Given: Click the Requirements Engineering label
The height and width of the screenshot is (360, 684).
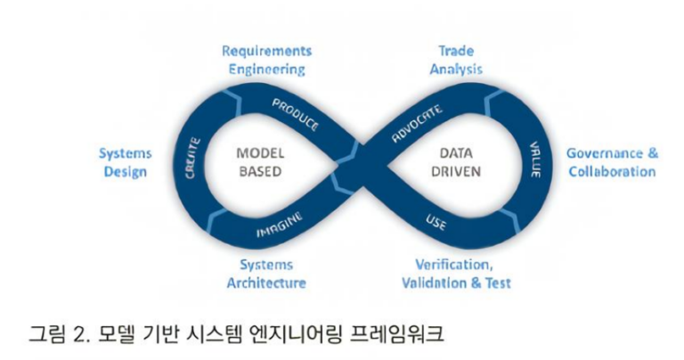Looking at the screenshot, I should pos(266,60).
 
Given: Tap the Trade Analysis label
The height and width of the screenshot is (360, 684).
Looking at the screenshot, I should pos(456,60).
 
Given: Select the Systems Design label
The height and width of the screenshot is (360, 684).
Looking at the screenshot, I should pos(124,162).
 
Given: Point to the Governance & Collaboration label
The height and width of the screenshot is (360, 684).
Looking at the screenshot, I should pos(612,162).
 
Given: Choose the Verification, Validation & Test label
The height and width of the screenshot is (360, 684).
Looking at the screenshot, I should pos(463,274).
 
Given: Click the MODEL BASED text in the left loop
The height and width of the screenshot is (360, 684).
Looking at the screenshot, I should pos(259,162).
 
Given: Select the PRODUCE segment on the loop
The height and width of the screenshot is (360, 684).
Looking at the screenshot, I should pos(295,114).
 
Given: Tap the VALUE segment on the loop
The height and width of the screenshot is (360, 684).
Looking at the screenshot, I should pos(534,158).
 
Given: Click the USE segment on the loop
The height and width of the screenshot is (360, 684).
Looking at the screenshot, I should pos(436,220).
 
